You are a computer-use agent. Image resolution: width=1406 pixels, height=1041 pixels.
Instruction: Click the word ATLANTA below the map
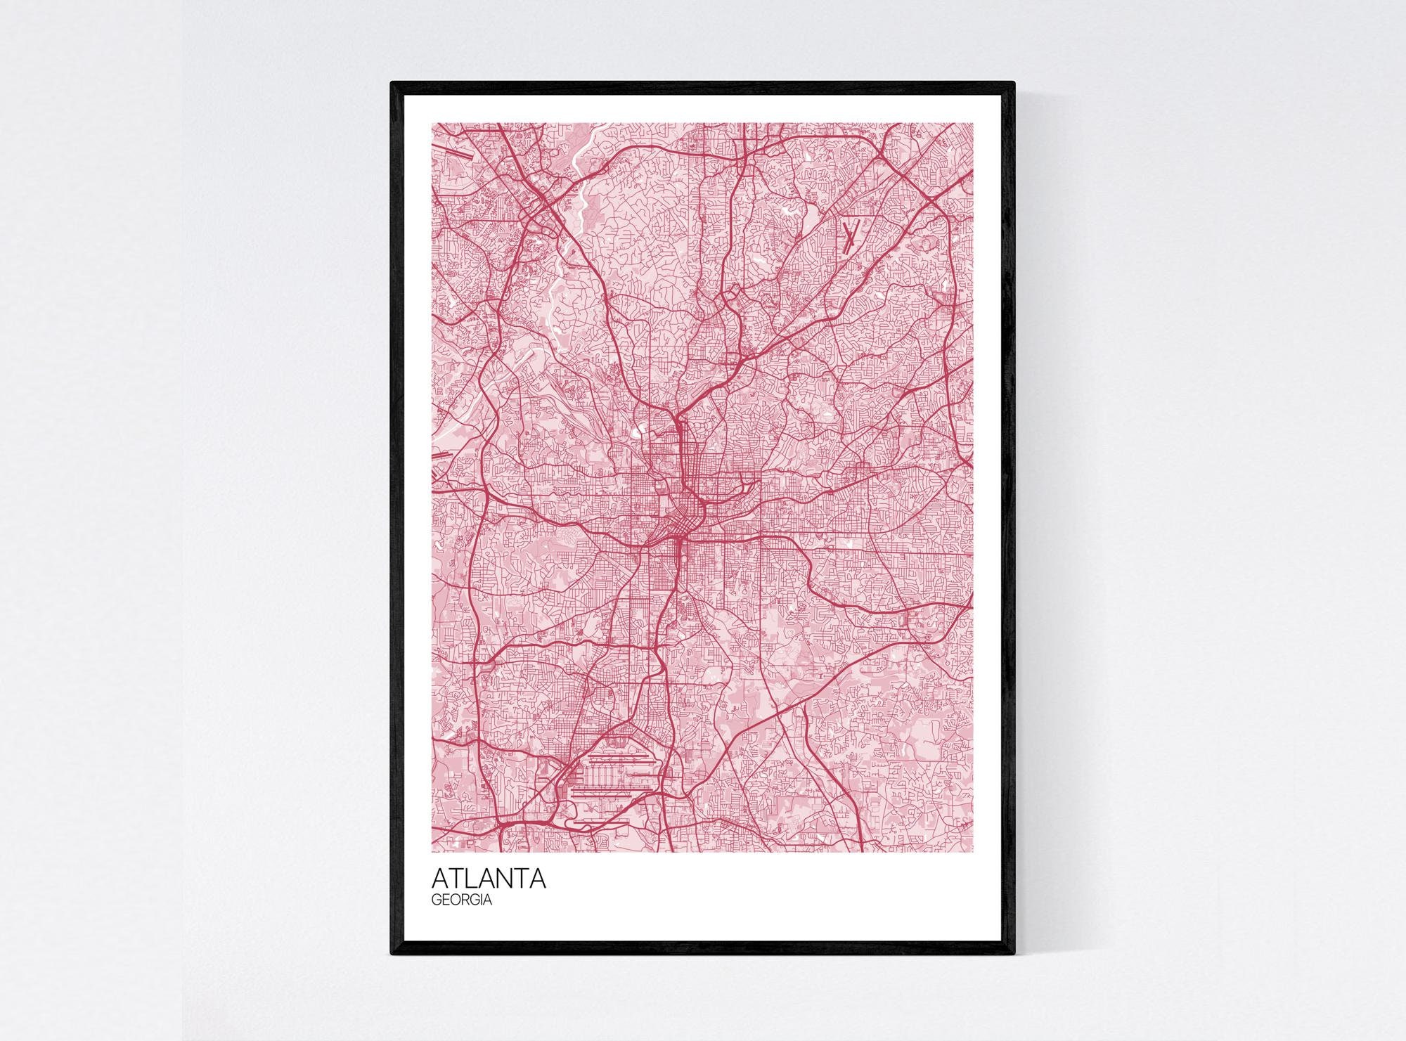489,879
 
